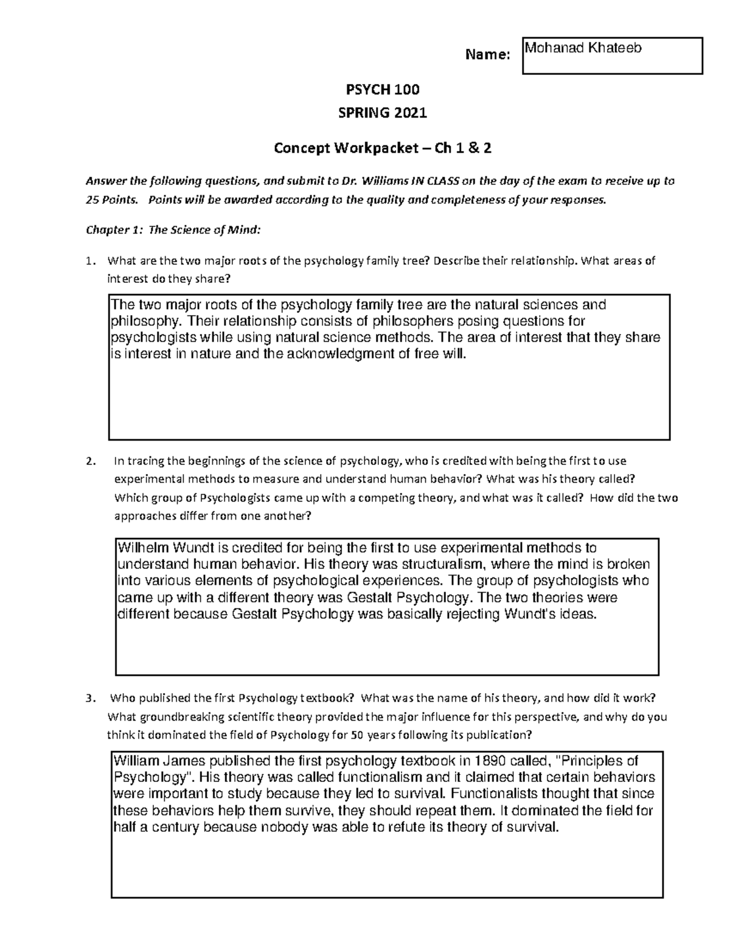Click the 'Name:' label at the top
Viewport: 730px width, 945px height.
tap(487, 55)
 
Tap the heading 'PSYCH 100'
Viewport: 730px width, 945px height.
tap(383, 91)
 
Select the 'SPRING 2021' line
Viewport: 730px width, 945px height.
tap(383, 113)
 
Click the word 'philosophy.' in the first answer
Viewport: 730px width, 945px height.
tap(138, 321)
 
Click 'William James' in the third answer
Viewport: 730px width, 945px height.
tap(161, 761)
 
